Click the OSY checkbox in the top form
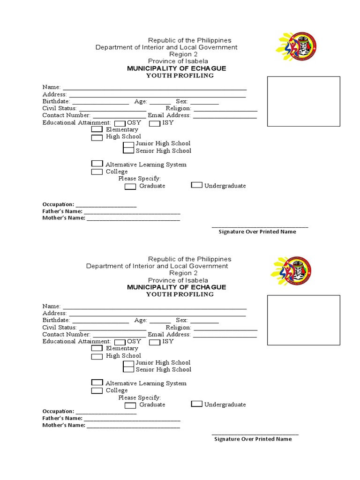click(120, 123)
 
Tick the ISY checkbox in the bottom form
click(155, 342)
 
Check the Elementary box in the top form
click(97, 129)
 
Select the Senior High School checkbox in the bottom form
click(128, 369)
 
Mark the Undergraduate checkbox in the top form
click(197, 185)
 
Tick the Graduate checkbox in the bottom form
click(130, 405)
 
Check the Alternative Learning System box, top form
click(97, 164)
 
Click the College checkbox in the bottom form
click(97, 391)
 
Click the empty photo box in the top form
click(303, 102)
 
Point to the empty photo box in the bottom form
click(303, 320)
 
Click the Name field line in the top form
click(155, 88)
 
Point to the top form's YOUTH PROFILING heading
click(180, 75)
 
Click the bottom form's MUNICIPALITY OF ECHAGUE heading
click(177, 287)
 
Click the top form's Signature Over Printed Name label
click(257, 232)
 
